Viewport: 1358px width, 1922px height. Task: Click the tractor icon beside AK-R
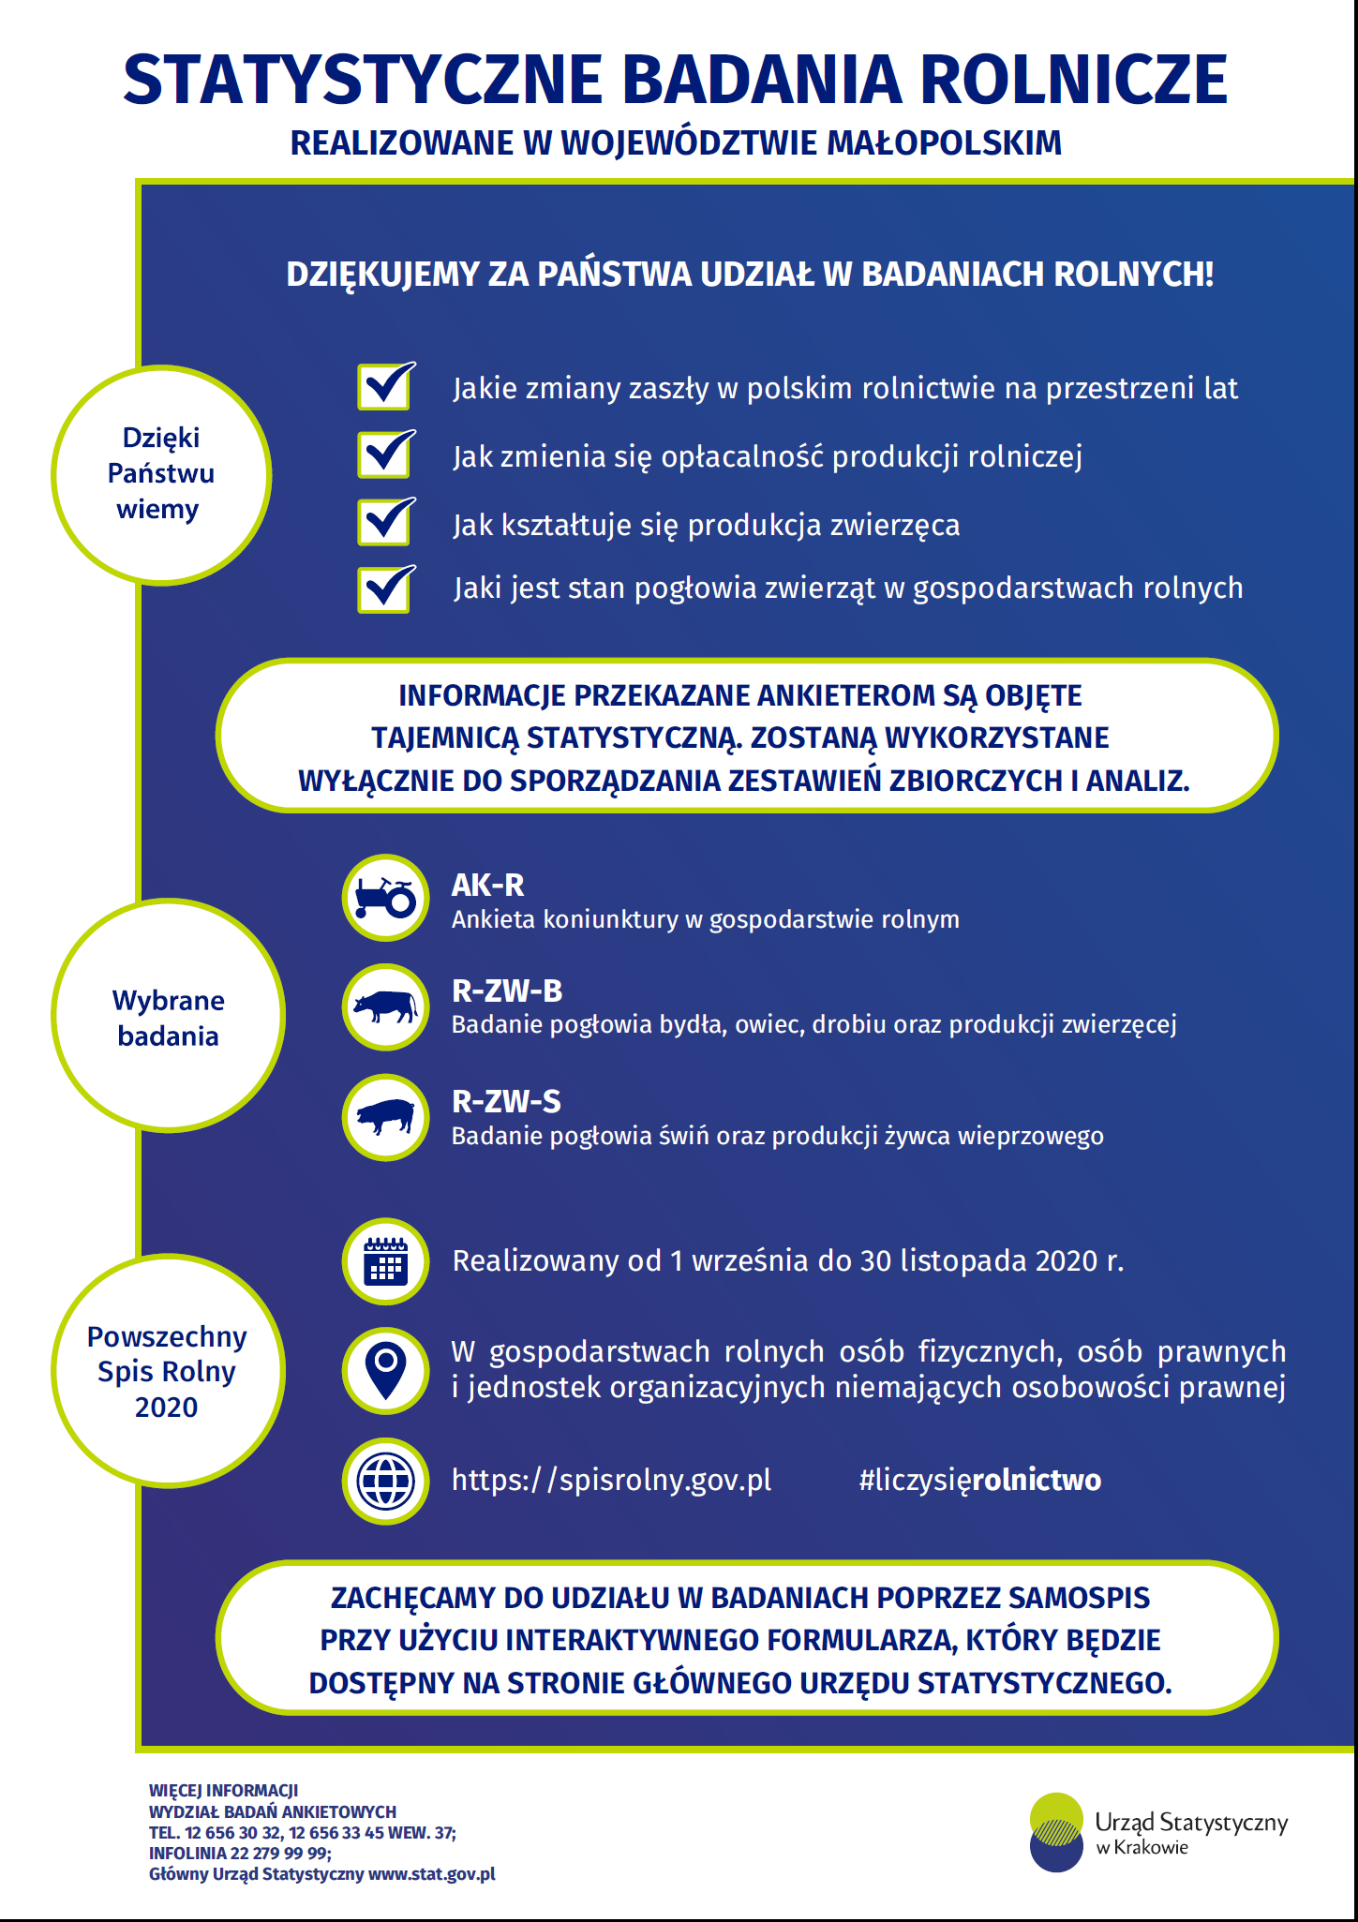pyautogui.click(x=385, y=898)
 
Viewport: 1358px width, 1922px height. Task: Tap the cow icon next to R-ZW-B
pyautogui.click(x=385, y=1007)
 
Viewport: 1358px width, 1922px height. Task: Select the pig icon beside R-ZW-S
pyautogui.click(x=385, y=1117)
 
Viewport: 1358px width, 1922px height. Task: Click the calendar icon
pyautogui.click(x=385, y=1261)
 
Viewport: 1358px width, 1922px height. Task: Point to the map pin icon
pyautogui.click(x=385, y=1370)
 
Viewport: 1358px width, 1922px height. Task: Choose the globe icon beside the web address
pyautogui.click(x=385, y=1481)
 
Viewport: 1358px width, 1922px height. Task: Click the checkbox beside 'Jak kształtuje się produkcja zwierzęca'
pyautogui.click(x=385, y=521)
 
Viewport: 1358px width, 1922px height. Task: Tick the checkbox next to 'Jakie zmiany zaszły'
pyautogui.click(x=385, y=385)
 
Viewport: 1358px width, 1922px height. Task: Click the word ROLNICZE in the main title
pyautogui.click(x=1074, y=80)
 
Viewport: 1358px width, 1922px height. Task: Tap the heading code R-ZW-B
pyautogui.click(x=507, y=991)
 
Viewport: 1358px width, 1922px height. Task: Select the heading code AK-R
pyautogui.click(x=487, y=885)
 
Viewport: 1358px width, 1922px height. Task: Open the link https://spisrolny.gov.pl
pyautogui.click(x=612, y=1480)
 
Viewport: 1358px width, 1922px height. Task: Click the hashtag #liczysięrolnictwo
pyautogui.click(x=980, y=1481)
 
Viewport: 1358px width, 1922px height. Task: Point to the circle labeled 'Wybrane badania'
pyautogui.click(x=169, y=1016)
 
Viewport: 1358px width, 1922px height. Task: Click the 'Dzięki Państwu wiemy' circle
pyautogui.click(x=161, y=475)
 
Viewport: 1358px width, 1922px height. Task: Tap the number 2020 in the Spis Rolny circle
pyautogui.click(x=166, y=1407)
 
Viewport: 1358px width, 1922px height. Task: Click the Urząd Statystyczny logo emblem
pyautogui.click(x=1056, y=1832)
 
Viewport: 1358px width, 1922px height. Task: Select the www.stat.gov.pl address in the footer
pyautogui.click(x=431, y=1874)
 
